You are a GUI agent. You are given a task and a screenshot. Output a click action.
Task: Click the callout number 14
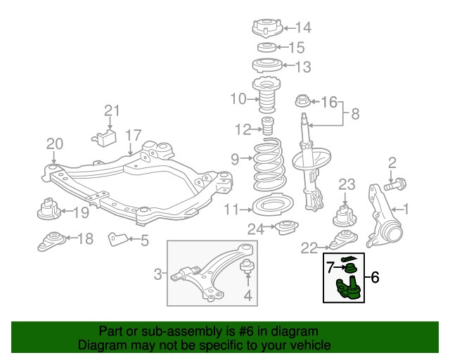[x=302, y=28]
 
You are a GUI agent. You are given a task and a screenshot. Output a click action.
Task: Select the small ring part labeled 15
[x=265, y=48]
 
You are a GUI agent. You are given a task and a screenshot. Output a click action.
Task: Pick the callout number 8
[x=354, y=112]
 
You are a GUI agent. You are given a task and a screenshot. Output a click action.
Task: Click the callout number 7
[x=330, y=267]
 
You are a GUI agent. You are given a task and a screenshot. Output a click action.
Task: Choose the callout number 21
[x=112, y=110]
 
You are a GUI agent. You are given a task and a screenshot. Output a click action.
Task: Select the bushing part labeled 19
[x=48, y=209]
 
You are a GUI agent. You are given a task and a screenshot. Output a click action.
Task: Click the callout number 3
[x=158, y=273]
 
